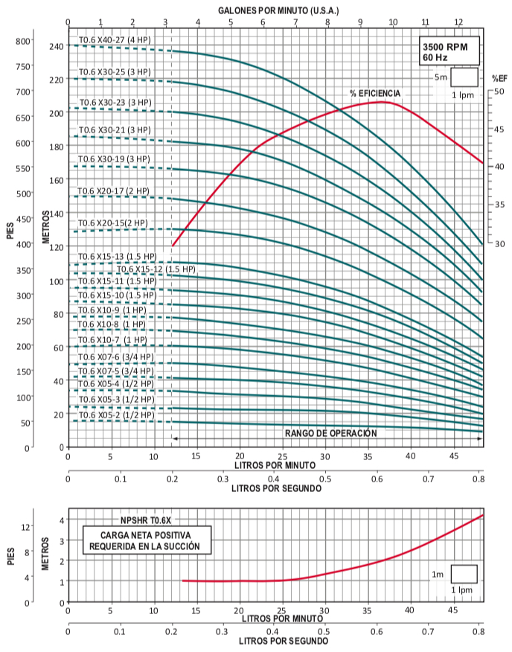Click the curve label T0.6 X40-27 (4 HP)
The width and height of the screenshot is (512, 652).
115,39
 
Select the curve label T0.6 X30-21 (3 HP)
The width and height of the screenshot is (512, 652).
115,130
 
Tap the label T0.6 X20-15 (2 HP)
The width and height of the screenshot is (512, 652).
113,223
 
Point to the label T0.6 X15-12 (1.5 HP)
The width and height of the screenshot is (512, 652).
156,269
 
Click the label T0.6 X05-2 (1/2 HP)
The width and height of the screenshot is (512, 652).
116,414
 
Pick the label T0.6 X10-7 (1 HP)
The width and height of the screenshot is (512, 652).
112,340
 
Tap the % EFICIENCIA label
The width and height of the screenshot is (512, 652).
375,93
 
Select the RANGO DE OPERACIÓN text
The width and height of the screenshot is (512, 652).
331,433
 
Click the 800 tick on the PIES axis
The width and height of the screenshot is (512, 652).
25,41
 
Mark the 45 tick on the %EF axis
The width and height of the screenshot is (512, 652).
500,130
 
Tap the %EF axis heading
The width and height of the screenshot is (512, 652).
499,78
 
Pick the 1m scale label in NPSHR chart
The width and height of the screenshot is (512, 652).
438,574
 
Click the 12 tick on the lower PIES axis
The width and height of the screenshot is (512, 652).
25,527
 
